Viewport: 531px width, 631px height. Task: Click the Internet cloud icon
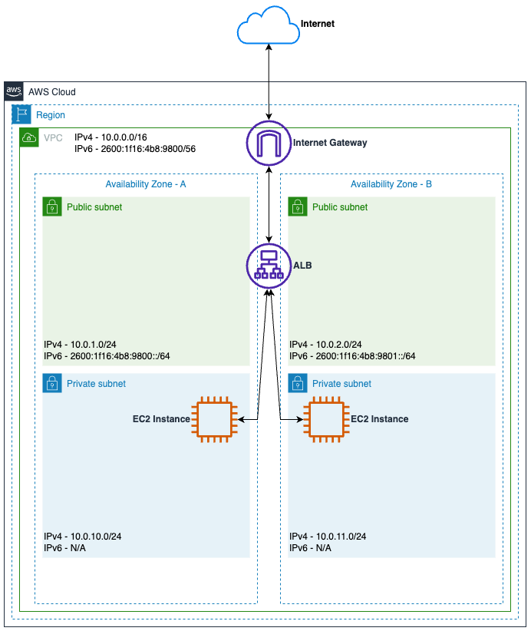coord(268,25)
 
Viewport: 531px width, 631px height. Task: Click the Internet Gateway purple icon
coord(269,143)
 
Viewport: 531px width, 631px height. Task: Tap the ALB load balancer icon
coord(269,266)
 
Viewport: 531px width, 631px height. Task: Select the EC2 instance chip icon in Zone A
coord(213,419)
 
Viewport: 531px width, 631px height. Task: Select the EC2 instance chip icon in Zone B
coord(328,419)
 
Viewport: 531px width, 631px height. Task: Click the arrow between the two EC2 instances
coord(269,419)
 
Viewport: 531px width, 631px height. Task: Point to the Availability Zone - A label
coord(145,184)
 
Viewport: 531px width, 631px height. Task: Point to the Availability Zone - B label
coord(391,184)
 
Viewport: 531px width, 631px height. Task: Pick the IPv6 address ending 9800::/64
coord(107,356)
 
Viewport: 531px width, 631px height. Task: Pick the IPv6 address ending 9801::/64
coord(352,356)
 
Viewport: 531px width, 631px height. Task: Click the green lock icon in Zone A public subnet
coord(51,206)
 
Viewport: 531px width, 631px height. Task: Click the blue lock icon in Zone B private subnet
coord(297,383)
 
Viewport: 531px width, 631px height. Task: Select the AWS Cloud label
coord(51,92)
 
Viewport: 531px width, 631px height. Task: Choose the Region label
coord(51,115)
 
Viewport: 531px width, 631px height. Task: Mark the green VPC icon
coord(29,138)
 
